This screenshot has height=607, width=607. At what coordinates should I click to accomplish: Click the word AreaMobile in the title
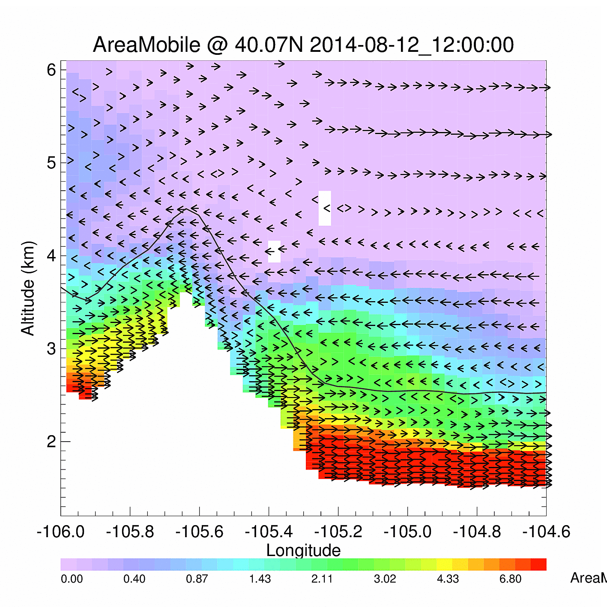146,45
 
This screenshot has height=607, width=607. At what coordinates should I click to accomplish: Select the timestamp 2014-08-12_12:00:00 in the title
412,45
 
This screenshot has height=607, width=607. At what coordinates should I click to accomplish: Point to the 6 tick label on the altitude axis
51,69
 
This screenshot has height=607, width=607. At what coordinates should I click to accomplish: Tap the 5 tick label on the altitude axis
51,163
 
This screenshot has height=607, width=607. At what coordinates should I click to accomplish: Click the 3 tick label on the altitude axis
51,349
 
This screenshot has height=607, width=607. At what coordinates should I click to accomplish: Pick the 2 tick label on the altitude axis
51,442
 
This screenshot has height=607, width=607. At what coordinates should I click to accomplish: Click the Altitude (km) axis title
28,288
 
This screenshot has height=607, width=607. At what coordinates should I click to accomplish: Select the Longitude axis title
303,550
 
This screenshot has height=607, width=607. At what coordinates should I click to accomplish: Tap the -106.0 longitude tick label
60,532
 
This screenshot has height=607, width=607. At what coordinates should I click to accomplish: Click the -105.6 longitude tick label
199,532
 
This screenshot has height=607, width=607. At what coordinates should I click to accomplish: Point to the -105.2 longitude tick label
338,532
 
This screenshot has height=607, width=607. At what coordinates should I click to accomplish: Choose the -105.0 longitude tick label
407,532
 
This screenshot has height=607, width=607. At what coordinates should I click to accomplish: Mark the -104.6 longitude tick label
546,532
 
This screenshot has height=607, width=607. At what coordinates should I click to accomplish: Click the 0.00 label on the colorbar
72,579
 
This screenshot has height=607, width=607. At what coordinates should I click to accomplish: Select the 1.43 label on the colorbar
260,579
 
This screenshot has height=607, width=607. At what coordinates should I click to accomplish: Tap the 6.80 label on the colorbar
510,579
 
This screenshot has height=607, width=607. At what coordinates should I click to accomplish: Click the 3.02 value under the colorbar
385,579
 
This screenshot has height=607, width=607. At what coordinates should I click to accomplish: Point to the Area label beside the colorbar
585,578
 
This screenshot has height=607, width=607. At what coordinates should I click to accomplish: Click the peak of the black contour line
185,209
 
